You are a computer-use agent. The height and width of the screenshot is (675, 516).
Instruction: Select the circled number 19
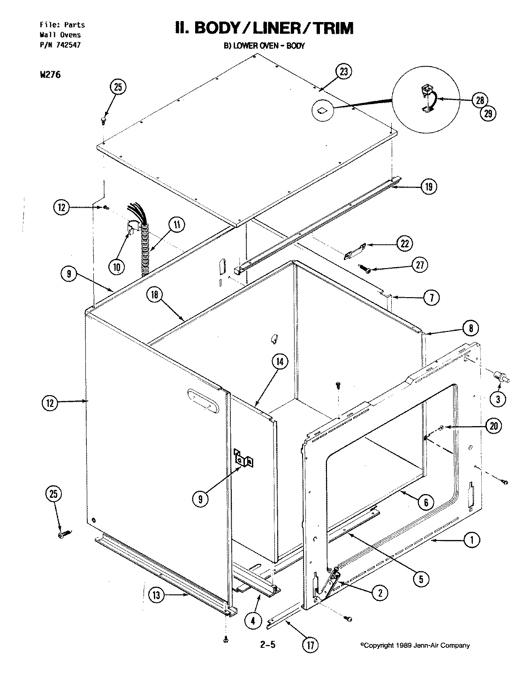tap(428, 187)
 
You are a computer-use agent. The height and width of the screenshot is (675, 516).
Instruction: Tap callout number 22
tap(404, 243)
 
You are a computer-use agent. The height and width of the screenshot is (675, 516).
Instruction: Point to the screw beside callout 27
tap(364, 269)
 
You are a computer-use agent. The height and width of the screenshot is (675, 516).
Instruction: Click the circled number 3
tap(498, 399)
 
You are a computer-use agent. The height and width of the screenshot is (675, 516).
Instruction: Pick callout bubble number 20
tap(494, 426)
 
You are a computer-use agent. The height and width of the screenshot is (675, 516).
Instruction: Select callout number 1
tap(472, 540)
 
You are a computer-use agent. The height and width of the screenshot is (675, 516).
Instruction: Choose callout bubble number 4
tap(253, 621)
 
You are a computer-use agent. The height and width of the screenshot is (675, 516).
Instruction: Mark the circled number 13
tap(157, 596)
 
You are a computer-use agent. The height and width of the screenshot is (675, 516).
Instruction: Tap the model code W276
tap(47, 74)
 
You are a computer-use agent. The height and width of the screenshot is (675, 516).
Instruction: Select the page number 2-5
tap(267, 645)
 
